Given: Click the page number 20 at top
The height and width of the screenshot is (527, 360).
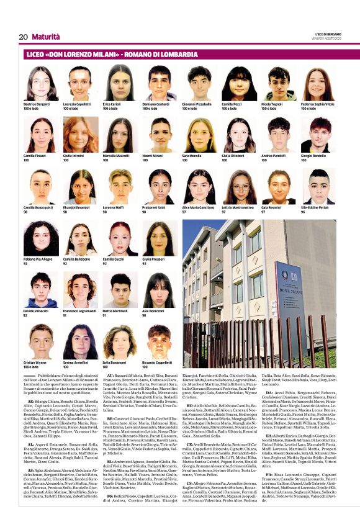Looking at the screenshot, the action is (x=23, y=37).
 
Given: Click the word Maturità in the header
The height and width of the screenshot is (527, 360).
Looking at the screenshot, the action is (x=46, y=37).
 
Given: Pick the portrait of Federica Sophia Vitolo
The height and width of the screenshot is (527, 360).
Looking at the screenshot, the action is (x=318, y=83).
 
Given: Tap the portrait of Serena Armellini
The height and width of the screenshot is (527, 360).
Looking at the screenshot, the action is (x=80, y=342).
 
